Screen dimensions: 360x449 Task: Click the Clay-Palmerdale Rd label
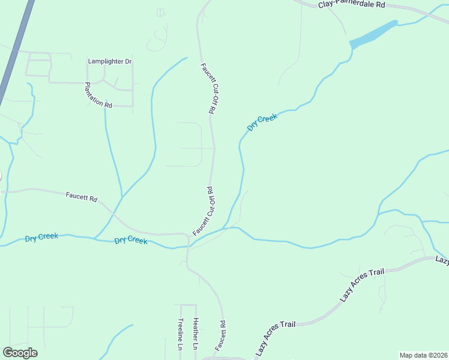pos(351,4)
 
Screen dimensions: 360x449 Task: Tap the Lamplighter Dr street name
pos(109,61)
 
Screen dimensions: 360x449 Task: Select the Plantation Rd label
pos(98,95)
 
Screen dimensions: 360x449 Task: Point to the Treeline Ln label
pos(179,334)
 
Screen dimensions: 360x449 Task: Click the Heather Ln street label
pos(195,334)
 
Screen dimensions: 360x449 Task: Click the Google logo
pos(20,353)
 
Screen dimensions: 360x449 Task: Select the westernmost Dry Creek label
pos(41,237)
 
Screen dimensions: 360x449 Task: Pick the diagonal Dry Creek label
pos(262,123)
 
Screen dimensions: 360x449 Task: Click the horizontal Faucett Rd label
pos(82,197)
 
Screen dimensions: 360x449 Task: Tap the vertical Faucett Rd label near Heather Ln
pos(223,335)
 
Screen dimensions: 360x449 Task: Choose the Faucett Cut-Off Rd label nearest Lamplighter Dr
pos(208,88)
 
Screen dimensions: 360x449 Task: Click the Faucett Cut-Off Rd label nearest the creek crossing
pos(205,211)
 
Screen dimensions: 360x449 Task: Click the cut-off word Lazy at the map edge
pos(442,260)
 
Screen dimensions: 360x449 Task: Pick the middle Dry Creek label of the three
pos(131,240)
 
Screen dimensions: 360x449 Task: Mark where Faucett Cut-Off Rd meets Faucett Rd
pos(189,235)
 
